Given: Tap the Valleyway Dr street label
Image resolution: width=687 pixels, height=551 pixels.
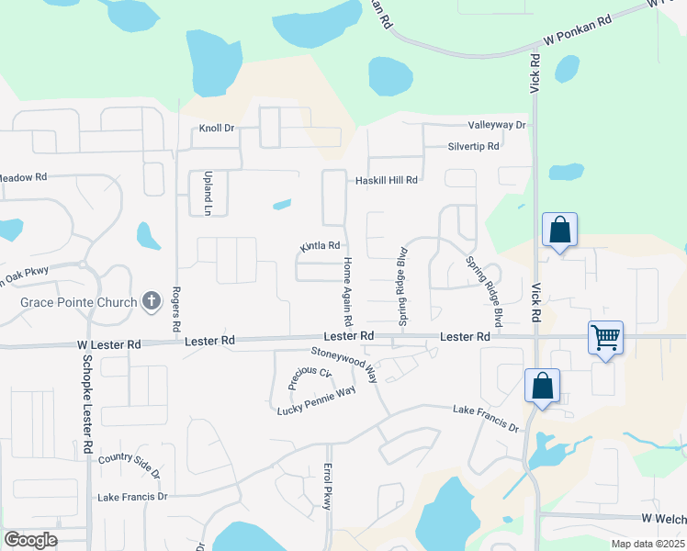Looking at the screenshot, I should pyautogui.click(x=496, y=125).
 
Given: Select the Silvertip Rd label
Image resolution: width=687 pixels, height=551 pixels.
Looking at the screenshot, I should pyautogui.click(x=473, y=146).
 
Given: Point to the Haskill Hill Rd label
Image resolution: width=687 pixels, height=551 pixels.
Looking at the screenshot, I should pyautogui.click(x=387, y=180).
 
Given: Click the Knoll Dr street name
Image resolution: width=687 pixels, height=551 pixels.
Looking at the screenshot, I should pyautogui.click(x=218, y=129).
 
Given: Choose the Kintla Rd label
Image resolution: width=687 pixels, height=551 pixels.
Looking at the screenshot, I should pyautogui.click(x=320, y=246).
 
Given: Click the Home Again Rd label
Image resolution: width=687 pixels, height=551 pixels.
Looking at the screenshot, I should pyautogui.click(x=348, y=292).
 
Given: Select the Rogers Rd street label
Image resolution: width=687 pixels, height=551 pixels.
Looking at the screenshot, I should pyautogui.click(x=175, y=312).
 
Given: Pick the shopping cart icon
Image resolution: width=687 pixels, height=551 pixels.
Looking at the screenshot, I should pyautogui.click(x=606, y=338).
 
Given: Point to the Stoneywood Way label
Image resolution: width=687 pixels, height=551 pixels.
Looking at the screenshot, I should pyautogui.click(x=344, y=363).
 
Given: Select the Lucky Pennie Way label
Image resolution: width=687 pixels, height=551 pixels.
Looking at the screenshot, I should pyautogui.click(x=316, y=401).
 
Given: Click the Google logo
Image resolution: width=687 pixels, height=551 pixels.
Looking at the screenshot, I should pyautogui.click(x=30, y=540).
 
